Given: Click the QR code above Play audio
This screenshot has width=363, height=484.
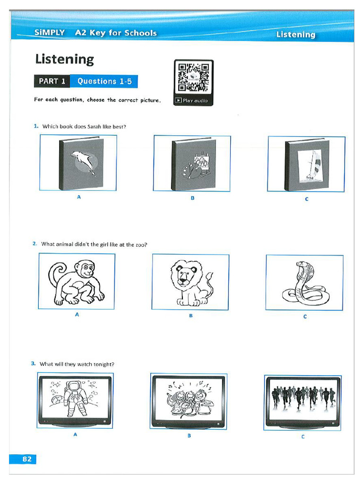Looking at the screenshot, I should click(x=193, y=78).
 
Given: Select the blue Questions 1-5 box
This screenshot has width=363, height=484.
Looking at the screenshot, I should click(x=104, y=81).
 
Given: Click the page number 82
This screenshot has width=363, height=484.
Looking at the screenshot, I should click(x=23, y=458).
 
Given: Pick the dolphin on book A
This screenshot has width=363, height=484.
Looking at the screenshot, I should click(x=82, y=162).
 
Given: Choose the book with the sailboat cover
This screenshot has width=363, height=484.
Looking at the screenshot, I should click(x=306, y=164).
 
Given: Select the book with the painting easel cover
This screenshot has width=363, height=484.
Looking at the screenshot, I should click(x=194, y=164).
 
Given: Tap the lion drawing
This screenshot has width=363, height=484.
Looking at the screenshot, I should click(x=190, y=282).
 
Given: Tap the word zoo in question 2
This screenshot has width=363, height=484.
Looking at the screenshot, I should click(x=140, y=244).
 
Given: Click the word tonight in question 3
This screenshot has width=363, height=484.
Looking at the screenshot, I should click(x=104, y=364).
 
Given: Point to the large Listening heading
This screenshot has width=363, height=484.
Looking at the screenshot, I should click(x=64, y=60).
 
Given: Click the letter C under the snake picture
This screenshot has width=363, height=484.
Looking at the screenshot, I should click(x=305, y=317).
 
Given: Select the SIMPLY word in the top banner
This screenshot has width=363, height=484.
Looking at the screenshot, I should click(x=50, y=33).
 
